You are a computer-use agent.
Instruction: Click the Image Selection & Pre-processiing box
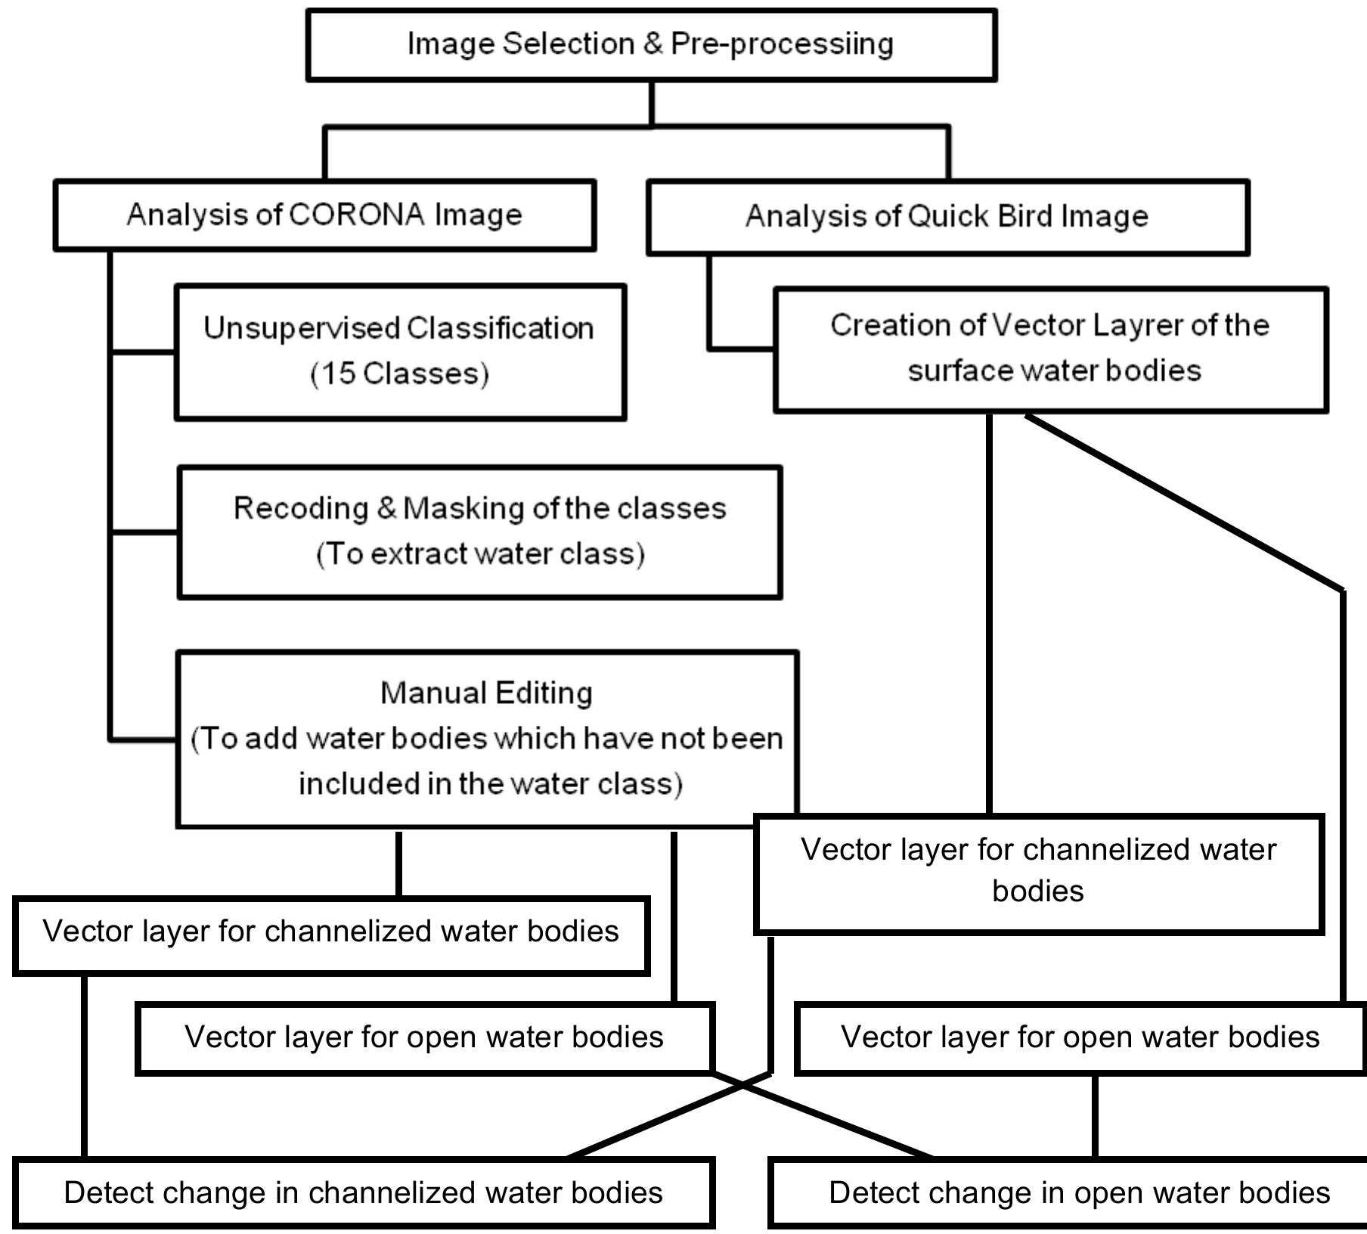[x=651, y=45]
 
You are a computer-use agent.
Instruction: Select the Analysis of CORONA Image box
[x=324, y=215]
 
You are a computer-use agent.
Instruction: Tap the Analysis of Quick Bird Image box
[x=947, y=217]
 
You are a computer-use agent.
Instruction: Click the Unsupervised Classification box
[x=400, y=351]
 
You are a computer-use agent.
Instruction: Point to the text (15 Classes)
[x=400, y=374]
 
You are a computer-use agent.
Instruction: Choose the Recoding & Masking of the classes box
[x=479, y=532]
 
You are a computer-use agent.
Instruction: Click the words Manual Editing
[x=486, y=693]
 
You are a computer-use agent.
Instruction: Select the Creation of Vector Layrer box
[x=1050, y=349]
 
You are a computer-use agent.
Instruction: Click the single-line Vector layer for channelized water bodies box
[x=330, y=935]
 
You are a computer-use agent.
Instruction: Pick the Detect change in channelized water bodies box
[x=363, y=1192]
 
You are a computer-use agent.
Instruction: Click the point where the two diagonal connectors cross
[x=743, y=1085]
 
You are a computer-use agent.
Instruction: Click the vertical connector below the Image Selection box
[x=651, y=104]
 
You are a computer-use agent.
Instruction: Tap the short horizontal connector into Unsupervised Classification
[x=144, y=352]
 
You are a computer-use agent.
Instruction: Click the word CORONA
[x=356, y=215]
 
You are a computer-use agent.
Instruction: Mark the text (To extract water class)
[x=480, y=554]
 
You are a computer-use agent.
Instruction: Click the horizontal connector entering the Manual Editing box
[x=144, y=739]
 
